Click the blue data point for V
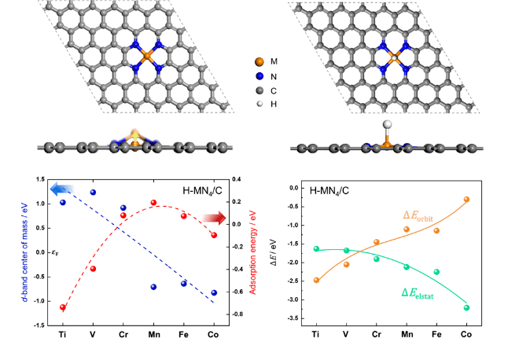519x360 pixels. click(x=93, y=192)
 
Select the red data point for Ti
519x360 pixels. click(x=63, y=307)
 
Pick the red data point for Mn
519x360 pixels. click(x=153, y=203)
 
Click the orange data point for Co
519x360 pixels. click(x=466, y=200)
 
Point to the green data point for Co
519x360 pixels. click(x=466, y=307)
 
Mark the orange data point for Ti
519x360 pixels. click(x=316, y=280)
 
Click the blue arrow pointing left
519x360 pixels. click(x=63, y=189)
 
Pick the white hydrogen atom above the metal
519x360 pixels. click(x=387, y=124)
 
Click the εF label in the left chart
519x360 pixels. click(x=53, y=252)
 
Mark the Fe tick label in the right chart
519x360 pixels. click(x=436, y=334)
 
